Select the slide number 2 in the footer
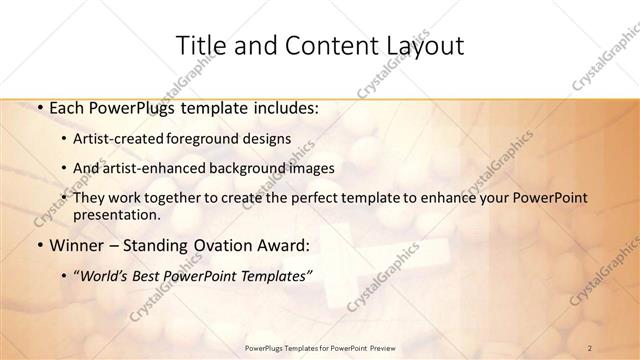(590, 347)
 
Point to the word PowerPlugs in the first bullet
(125, 105)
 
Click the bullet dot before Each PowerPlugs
(38, 105)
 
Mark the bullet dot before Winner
(38, 245)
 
